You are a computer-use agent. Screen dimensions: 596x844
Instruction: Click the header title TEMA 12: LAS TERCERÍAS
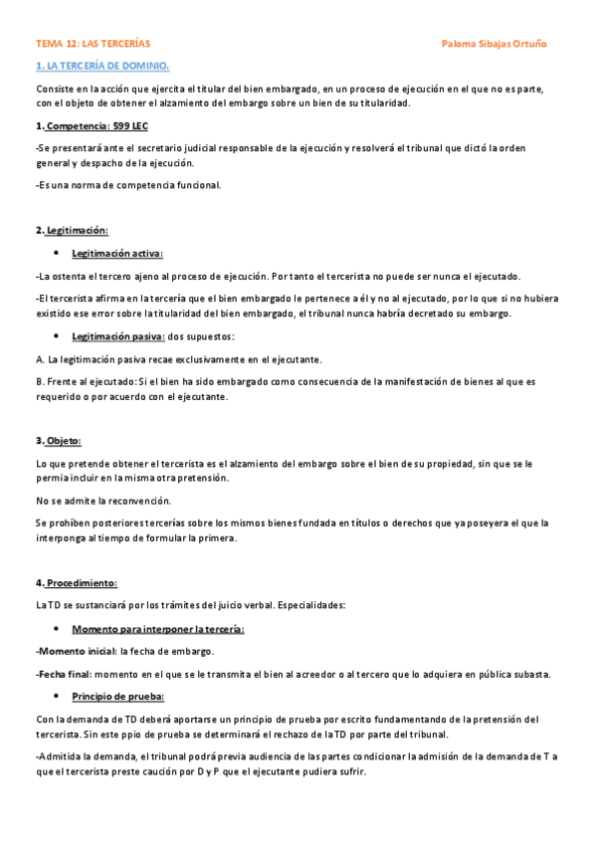point(93,44)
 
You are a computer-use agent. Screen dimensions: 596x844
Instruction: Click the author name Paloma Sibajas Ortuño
point(494,44)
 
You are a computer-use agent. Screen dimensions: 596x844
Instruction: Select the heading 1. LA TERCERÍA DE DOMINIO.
point(102,66)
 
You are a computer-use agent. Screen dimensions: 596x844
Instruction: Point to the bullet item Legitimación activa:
point(117,253)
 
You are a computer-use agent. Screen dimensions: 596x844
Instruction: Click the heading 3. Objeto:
point(59,440)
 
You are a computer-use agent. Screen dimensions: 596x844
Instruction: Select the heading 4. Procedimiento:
point(77,582)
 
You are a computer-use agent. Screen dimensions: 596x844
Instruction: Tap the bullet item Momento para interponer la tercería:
point(157,629)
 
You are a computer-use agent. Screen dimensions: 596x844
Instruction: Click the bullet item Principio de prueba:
point(117,696)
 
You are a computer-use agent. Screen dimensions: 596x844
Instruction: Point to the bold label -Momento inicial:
point(75,651)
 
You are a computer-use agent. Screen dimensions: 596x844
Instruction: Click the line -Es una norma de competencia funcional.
point(128,184)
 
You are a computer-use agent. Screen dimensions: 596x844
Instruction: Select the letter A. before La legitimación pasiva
point(40,358)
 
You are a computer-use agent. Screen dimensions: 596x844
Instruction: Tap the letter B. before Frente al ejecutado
point(40,380)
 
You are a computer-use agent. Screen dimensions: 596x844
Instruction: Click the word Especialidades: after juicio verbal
point(312,605)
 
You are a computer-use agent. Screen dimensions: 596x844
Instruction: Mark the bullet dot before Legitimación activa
point(58,253)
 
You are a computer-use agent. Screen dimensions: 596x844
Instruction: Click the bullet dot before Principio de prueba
point(58,696)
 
